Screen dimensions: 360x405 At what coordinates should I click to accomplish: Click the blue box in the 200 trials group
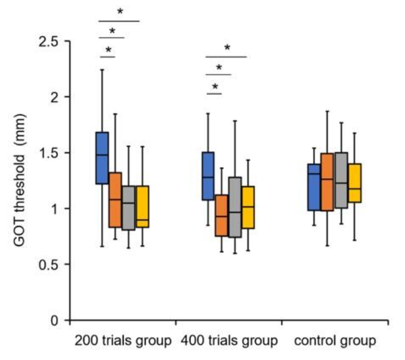click(x=102, y=158)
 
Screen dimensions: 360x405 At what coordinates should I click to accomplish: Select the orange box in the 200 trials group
click(x=115, y=199)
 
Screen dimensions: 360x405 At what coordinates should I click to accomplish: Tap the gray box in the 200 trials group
click(x=129, y=208)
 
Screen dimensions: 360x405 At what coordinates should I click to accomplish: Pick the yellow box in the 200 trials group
click(x=142, y=206)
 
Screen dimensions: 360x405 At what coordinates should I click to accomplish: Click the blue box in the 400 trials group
click(x=207, y=176)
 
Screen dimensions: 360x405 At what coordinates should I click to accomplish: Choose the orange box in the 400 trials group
click(x=221, y=215)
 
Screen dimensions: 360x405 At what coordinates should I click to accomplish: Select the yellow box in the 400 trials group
click(x=248, y=207)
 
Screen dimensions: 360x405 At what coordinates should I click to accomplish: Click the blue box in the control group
click(x=314, y=186)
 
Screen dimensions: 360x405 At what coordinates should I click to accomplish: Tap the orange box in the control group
click(x=327, y=182)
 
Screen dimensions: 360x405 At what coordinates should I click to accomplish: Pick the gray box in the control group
click(x=341, y=180)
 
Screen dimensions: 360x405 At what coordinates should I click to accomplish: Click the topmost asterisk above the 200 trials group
click(x=120, y=12)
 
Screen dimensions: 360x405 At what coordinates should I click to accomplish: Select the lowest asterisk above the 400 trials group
click(x=215, y=88)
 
